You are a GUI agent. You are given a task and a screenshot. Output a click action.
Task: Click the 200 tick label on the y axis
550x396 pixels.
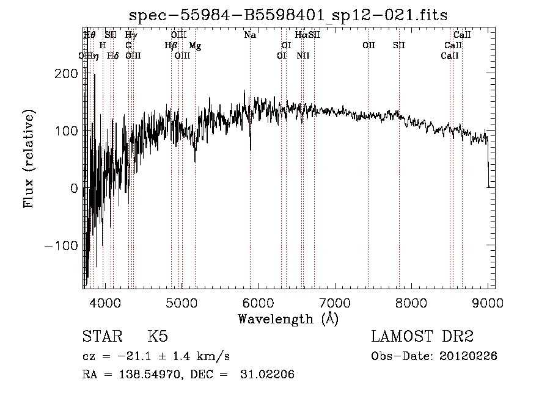coord(66,73)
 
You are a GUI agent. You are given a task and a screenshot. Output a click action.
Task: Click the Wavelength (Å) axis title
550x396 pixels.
coord(287,319)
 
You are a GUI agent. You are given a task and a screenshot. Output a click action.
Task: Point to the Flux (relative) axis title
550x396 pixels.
coord(29,159)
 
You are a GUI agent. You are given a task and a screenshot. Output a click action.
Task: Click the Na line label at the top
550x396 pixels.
coord(250,35)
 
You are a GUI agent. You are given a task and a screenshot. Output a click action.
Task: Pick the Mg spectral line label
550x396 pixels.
coord(194,46)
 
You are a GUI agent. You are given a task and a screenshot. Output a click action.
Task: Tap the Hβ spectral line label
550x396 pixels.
coord(170,46)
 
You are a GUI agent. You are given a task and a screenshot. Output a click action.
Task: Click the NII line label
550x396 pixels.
coord(303,56)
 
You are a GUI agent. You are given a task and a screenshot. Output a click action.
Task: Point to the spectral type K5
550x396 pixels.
coord(158,337)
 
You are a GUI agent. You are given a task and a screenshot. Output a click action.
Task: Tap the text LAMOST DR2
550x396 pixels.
coord(422,337)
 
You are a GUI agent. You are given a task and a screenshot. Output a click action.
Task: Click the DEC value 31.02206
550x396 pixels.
coord(269,375)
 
